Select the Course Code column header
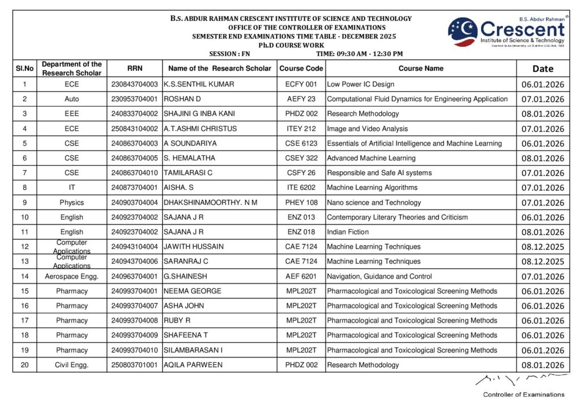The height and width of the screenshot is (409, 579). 301,68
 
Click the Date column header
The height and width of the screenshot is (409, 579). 543,69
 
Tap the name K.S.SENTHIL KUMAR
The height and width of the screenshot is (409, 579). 198,84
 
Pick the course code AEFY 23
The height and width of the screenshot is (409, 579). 301,99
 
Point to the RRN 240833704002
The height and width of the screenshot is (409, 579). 135,114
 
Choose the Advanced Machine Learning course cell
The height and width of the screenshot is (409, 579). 371,158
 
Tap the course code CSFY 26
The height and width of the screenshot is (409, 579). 301,173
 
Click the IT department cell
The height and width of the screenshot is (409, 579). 72,188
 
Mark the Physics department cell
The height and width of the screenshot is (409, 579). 72,202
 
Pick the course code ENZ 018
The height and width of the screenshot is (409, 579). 301,232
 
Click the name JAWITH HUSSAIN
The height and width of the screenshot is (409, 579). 193,246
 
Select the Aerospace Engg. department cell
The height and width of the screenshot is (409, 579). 72,276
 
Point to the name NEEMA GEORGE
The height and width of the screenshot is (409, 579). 192,291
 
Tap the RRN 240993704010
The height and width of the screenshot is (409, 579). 135,350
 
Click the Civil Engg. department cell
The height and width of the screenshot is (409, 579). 72,365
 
